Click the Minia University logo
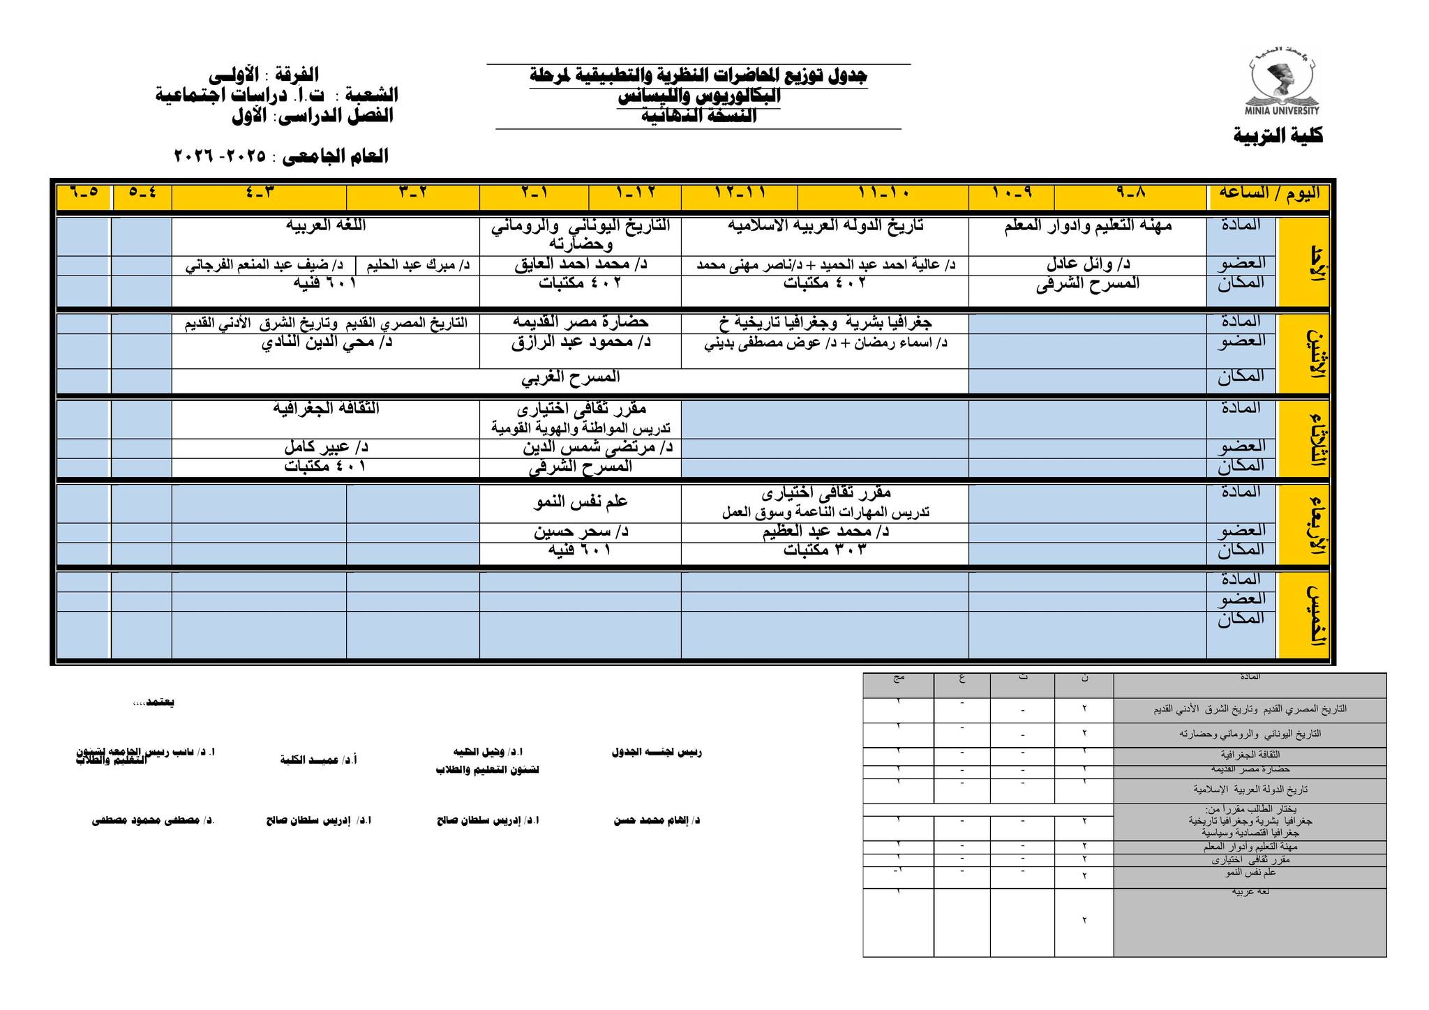(1282, 85)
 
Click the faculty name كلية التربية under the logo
(1278, 135)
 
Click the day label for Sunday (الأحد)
(1302, 262)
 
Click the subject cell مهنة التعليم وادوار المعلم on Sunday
(1087, 226)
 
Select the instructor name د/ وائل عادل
(1087, 265)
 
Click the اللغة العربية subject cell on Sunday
(325, 226)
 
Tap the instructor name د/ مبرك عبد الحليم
(417, 265)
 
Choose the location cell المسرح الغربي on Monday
(570, 377)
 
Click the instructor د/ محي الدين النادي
(327, 342)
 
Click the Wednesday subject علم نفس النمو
(581, 502)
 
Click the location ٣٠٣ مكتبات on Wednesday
(824, 550)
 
